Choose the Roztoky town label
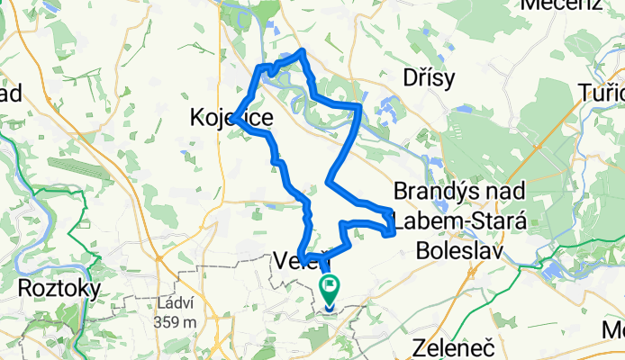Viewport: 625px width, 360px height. [x=59, y=290]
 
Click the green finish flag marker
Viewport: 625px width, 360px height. [x=331, y=289]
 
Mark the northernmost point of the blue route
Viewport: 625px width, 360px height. [x=303, y=50]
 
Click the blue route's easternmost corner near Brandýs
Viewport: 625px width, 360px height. [x=394, y=233]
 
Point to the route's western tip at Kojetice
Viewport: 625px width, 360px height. [x=233, y=118]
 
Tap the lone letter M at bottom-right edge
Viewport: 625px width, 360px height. [x=617, y=329]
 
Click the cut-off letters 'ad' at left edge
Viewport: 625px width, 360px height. [x=11, y=93]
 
